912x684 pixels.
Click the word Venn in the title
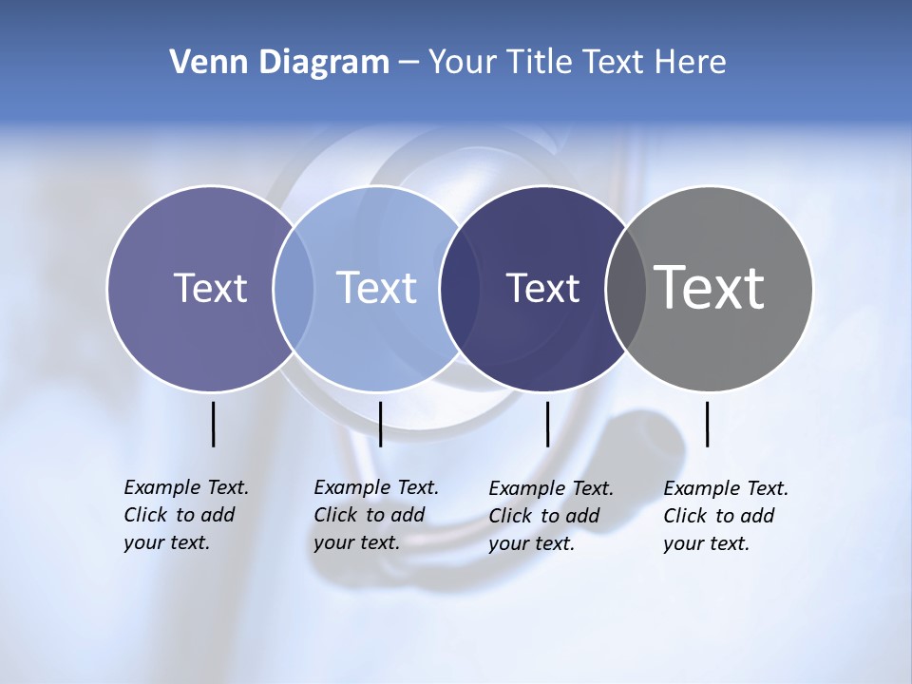(x=200, y=63)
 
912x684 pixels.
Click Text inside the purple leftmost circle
(x=210, y=288)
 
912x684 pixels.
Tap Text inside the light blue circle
(x=376, y=288)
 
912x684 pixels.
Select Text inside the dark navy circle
(x=542, y=288)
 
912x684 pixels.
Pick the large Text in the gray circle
(x=710, y=288)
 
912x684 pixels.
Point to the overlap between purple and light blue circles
(x=294, y=289)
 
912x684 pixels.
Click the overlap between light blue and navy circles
(x=460, y=289)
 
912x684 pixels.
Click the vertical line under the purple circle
(x=213, y=424)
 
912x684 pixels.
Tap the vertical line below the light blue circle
(x=380, y=424)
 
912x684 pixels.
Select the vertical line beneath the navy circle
(x=547, y=424)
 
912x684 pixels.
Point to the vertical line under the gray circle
(x=707, y=424)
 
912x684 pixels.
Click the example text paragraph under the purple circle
(x=185, y=515)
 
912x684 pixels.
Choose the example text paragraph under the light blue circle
(x=375, y=515)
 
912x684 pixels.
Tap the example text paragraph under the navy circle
(x=550, y=516)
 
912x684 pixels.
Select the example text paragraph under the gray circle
(x=725, y=516)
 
